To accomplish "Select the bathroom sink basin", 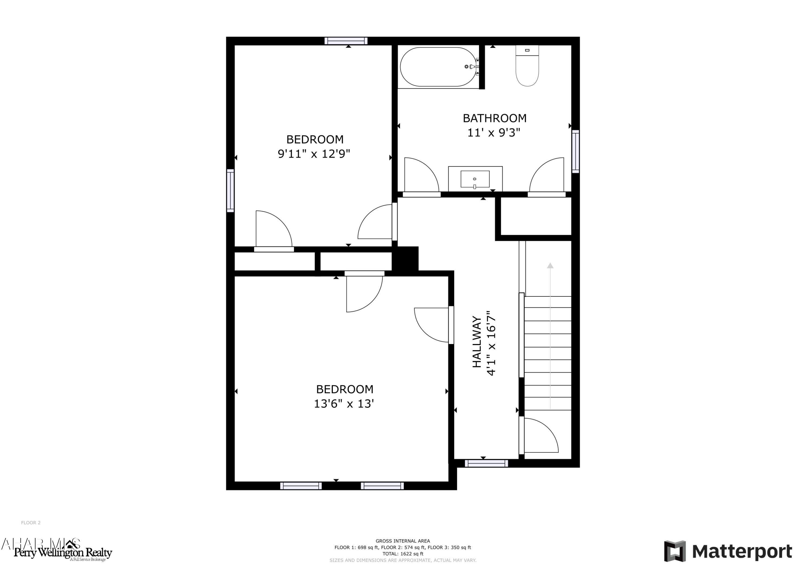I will [475, 179].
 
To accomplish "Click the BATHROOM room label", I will [494, 118].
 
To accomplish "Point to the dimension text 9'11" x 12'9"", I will [314, 154].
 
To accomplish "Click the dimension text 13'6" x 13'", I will [344, 404].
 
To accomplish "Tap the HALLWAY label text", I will [476, 342].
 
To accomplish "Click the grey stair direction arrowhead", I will [550, 266].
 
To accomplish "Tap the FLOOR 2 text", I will [31, 523].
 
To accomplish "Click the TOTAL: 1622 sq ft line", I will [403, 554].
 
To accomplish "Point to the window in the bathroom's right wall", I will [575, 151].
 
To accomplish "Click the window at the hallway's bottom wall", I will [486, 463].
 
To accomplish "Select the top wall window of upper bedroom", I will [346, 41].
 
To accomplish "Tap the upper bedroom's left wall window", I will [230, 191].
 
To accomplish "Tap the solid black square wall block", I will [406, 259].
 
